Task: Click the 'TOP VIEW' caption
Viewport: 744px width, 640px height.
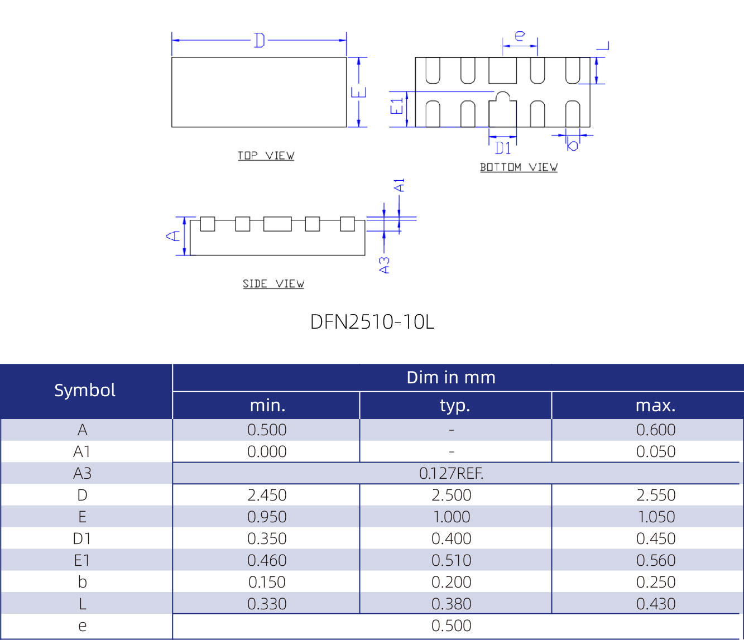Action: [266, 156]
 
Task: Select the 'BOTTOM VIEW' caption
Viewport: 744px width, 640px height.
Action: [519, 167]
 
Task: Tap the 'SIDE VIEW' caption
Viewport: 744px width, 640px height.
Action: [273, 284]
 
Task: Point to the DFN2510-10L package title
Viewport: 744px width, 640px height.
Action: [372, 322]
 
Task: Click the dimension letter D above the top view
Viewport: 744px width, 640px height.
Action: [259, 40]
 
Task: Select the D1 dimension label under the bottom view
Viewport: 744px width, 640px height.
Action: [503, 148]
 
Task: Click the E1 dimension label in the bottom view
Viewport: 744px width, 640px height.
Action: [397, 105]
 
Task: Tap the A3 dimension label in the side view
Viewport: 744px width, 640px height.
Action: [385, 265]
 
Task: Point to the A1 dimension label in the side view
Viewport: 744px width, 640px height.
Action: [400, 185]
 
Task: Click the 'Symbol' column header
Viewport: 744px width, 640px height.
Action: [85, 390]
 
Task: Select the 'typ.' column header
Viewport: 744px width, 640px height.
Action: [455, 406]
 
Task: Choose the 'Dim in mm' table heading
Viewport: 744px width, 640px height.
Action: [451, 378]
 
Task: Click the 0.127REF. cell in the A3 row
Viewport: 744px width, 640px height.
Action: [451, 474]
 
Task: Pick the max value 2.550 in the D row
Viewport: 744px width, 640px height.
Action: [656, 495]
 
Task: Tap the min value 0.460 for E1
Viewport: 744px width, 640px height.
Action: [267, 561]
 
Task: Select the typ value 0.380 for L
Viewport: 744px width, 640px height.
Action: [451, 604]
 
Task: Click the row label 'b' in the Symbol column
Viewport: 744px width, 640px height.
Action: [83, 583]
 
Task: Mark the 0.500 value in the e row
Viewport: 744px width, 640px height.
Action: [451, 626]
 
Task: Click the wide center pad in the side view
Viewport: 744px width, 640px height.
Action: [277, 224]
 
